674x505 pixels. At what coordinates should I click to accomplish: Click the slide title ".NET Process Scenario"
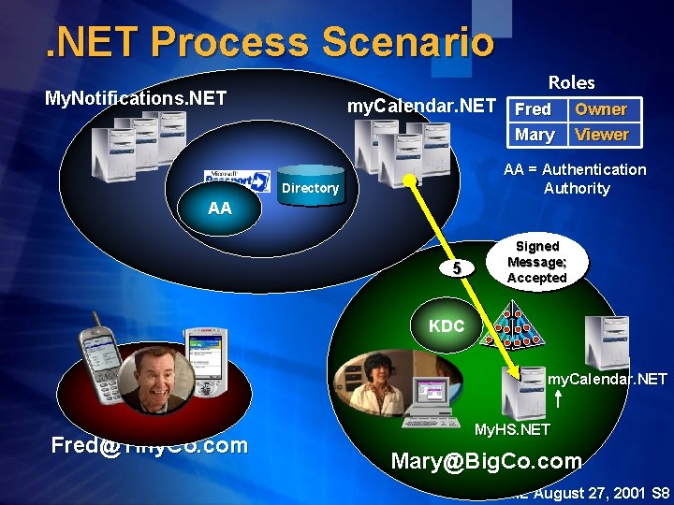(x=270, y=42)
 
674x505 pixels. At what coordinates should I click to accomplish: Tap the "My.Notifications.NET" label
(x=136, y=97)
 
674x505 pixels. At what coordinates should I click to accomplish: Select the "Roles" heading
(x=571, y=82)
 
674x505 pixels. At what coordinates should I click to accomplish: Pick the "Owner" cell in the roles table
(x=601, y=109)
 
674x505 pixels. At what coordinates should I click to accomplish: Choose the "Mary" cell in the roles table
(x=535, y=135)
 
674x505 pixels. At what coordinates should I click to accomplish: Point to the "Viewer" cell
(x=602, y=135)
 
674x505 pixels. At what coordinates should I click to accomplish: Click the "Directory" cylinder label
(x=310, y=188)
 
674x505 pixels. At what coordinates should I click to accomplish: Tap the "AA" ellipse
(x=220, y=209)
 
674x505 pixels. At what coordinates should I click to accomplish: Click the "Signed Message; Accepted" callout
(x=537, y=263)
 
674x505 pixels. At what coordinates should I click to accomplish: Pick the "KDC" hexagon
(x=447, y=326)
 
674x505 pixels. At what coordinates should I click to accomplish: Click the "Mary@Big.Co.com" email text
(x=486, y=461)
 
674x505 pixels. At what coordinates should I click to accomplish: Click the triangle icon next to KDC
(x=512, y=325)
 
